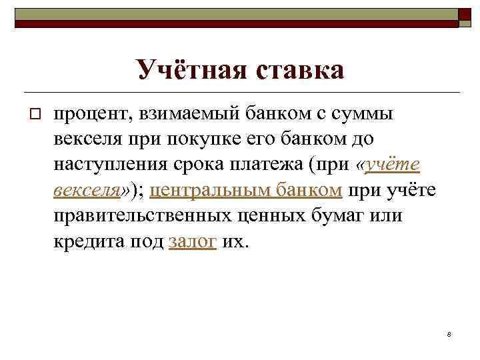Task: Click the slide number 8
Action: pyautogui.click(x=449, y=333)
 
